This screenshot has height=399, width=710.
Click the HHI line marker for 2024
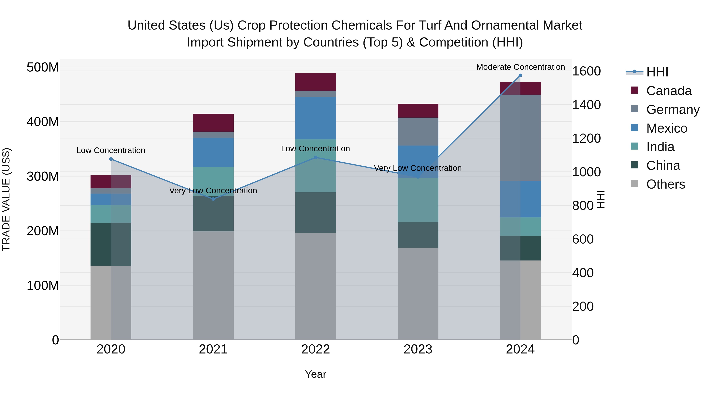coord(520,75)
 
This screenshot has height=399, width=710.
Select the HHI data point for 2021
coord(213,199)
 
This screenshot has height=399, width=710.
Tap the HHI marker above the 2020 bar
coord(111,159)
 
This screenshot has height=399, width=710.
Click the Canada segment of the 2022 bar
coord(315,82)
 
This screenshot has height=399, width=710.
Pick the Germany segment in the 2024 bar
coord(520,138)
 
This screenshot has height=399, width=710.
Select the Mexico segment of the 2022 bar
coord(315,118)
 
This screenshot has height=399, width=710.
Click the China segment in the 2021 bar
coord(213,213)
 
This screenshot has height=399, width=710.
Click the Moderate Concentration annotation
coord(520,67)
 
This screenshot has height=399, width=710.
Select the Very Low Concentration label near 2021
coord(213,191)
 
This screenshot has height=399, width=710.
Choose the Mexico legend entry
coord(666,128)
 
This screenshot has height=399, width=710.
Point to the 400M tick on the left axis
coord(43,121)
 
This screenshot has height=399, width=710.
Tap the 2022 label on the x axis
coord(315,349)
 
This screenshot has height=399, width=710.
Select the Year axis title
coord(315,374)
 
